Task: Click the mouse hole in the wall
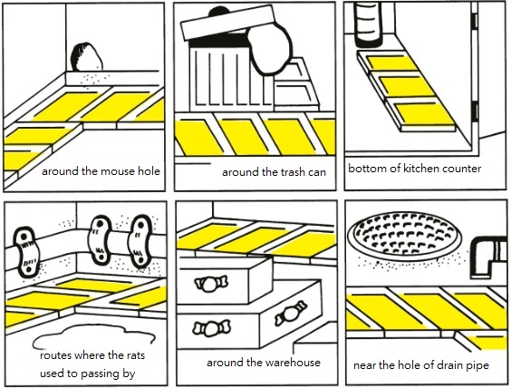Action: [86, 57]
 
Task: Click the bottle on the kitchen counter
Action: [369, 24]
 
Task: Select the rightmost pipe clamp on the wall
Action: [140, 241]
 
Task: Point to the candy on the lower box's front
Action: [211, 328]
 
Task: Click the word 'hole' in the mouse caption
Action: [149, 170]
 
